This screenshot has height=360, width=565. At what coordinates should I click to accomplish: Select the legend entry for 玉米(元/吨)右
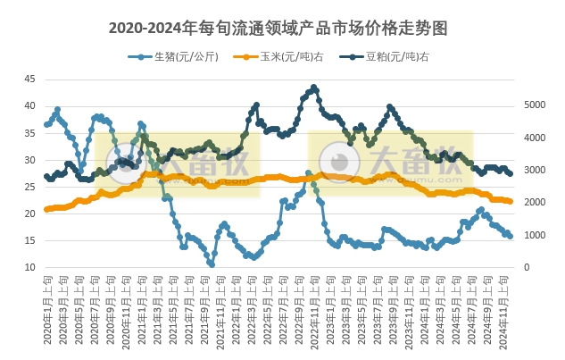tap(272, 57)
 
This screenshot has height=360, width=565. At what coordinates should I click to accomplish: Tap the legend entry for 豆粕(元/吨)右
tap(378, 57)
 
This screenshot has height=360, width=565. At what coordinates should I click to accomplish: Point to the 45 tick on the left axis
tap(29, 79)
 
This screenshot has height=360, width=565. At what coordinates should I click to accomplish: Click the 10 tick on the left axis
tap(29, 267)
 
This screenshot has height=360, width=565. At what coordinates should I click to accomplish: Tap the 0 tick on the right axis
tap(527, 267)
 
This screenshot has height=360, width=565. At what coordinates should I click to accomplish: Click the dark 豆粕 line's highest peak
tap(313, 88)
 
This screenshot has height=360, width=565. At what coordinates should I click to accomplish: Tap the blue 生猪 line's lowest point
tap(212, 264)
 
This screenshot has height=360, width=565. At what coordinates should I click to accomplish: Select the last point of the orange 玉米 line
tap(510, 201)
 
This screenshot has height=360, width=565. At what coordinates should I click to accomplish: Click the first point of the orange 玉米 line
tap(46, 210)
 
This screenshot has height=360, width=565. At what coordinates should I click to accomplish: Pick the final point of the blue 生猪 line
tap(510, 236)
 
